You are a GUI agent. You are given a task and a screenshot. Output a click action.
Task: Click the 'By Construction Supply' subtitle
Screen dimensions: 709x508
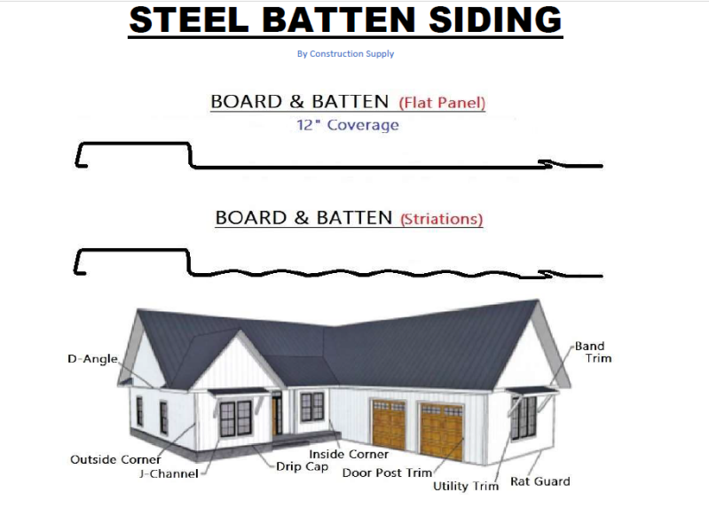click(345, 54)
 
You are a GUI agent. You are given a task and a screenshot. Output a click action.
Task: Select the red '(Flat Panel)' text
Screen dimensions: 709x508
click(442, 103)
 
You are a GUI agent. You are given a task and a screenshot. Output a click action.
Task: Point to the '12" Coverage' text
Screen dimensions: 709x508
click(347, 125)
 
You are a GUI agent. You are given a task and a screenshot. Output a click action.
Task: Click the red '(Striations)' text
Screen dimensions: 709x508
click(442, 218)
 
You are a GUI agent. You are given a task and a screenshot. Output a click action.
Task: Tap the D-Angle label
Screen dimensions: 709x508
click(92, 359)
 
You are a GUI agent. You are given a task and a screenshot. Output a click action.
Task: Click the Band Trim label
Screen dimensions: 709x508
click(593, 352)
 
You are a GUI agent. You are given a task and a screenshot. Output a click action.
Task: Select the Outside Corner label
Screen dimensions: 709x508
click(115, 459)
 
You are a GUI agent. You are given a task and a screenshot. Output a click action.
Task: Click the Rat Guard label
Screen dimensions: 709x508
click(540, 481)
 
